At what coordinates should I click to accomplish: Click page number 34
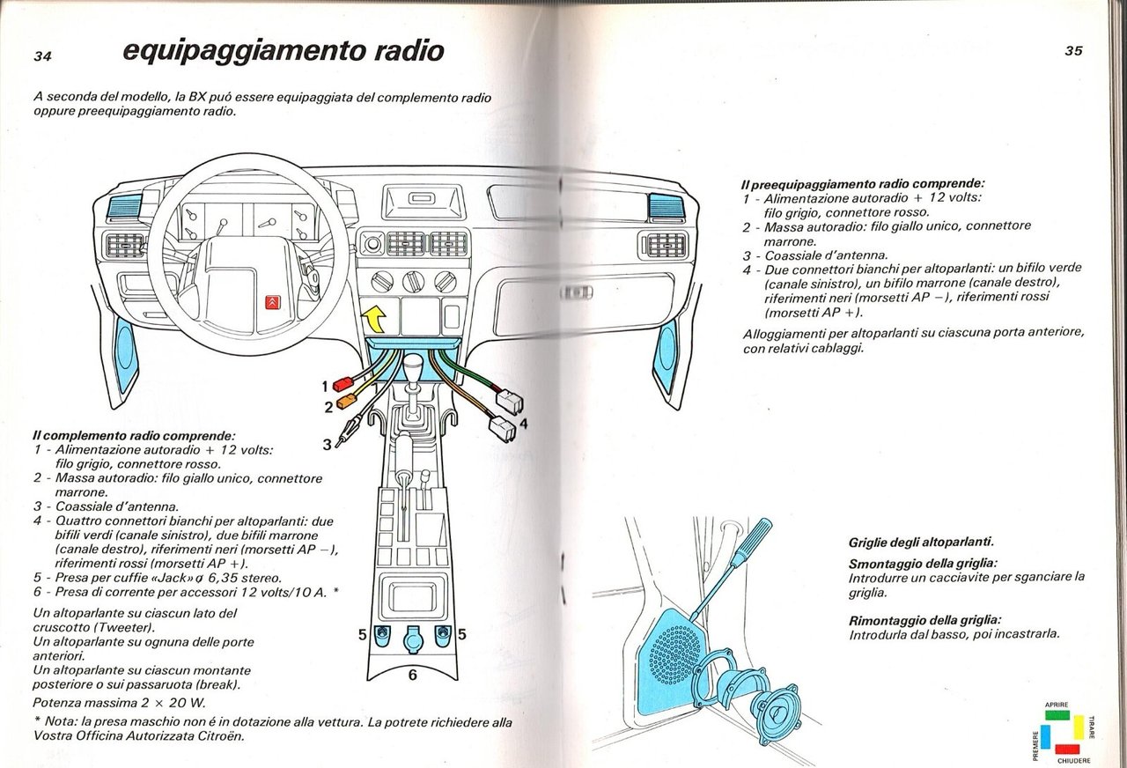pos(43,56)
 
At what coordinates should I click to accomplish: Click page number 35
pos(1073,51)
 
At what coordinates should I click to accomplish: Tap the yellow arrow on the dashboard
pos(375,314)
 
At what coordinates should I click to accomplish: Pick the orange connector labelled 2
pos(344,403)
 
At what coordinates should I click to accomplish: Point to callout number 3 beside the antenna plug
pos(327,445)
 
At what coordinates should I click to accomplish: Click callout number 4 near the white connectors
pos(523,424)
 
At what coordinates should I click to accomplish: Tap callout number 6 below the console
pos(412,676)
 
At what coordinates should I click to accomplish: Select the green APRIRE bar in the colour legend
pos(1057,716)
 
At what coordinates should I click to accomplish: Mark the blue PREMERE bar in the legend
pos(1045,737)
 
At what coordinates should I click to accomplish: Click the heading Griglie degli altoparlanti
pos(920,543)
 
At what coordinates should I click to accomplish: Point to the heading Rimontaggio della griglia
pos(924,619)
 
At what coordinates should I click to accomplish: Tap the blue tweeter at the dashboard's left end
pos(123,208)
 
